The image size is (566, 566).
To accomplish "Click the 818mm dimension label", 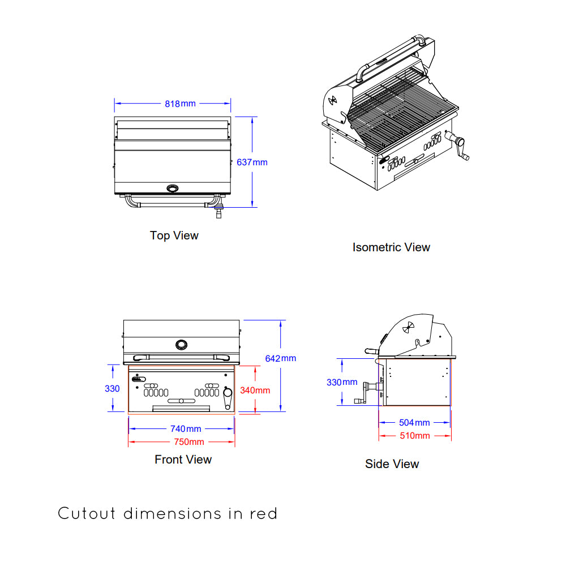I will pyautogui.click(x=180, y=104).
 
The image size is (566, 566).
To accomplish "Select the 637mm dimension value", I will pyautogui.click(x=252, y=162).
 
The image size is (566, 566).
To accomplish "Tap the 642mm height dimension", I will pyautogui.click(x=280, y=358).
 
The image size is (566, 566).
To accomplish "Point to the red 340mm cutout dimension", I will pyautogui.click(x=255, y=390).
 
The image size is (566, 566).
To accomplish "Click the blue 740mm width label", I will pyautogui.click(x=186, y=429).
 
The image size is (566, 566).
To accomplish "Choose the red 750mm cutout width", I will pyautogui.click(x=188, y=441).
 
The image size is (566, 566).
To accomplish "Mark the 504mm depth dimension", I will pyautogui.click(x=414, y=422).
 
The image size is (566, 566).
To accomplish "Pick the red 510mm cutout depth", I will pyautogui.click(x=414, y=435).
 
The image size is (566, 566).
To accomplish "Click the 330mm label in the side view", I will pyautogui.click(x=342, y=382).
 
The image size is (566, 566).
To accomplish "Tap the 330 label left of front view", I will pyautogui.click(x=112, y=389).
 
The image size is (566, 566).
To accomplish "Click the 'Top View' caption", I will pyautogui.click(x=174, y=235).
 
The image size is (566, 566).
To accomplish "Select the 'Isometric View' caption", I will pyautogui.click(x=391, y=247).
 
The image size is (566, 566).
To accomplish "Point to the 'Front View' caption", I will pyautogui.click(x=183, y=460).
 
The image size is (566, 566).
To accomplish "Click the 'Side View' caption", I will pyautogui.click(x=392, y=464).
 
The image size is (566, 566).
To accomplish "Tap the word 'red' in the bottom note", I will pyautogui.click(x=263, y=514).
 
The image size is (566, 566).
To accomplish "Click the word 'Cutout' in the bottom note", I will pyautogui.click(x=87, y=514).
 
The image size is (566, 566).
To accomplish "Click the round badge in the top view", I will pyautogui.click(x=172, y=188).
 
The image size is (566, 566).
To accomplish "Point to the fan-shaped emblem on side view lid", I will pyautogui.click(x=409, y=328).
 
